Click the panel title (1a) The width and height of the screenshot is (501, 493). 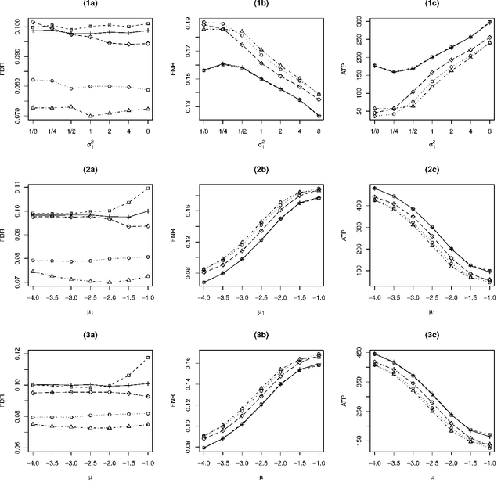pos(88,5)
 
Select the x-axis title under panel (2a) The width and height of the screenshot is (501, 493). pos(88,311)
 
